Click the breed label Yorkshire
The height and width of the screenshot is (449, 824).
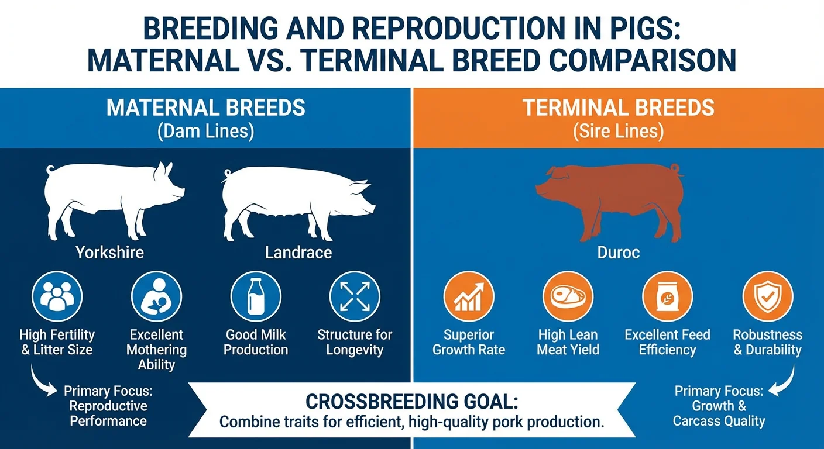click(109, 253)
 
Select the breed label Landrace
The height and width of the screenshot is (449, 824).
click(298, 253)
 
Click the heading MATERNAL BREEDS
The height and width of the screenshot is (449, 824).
click(205, 108)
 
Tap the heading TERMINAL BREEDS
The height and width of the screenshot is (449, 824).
click(618, 108)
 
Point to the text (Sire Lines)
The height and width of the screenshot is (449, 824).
click(618, 132)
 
